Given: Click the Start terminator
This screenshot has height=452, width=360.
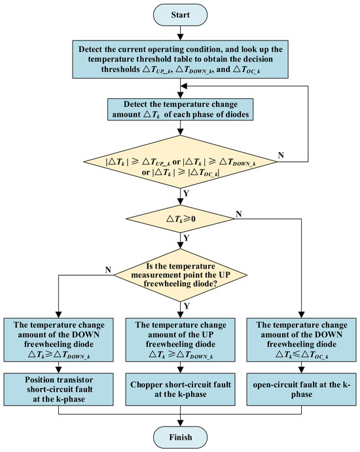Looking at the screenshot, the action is [180, 14].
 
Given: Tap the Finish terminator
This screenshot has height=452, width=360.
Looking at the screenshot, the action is [180, 438].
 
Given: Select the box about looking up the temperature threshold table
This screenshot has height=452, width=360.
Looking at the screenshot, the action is [180, 60].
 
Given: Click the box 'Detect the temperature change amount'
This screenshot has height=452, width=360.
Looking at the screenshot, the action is [180, 109].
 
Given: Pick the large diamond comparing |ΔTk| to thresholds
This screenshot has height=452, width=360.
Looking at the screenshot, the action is [180, 162].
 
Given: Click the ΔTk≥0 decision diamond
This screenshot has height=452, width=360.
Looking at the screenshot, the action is [180, 219].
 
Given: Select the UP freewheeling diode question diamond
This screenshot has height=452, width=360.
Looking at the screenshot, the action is [180, 275].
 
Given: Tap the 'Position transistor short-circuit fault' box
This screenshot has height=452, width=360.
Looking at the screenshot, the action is [58, 390].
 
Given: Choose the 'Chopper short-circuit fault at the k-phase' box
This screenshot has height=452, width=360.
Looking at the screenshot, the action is [180, 390].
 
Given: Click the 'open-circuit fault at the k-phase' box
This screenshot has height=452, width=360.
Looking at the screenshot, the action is [302, 390].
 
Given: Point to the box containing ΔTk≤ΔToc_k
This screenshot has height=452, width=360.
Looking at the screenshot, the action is [302, 340].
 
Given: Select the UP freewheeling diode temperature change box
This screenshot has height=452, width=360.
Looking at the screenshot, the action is [180, 340].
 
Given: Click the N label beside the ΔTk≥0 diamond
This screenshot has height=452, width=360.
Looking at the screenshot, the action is [238, 214].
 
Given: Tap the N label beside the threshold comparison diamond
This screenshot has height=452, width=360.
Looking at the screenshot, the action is [281, 155].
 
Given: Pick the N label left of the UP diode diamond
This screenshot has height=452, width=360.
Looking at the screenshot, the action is [108, 270].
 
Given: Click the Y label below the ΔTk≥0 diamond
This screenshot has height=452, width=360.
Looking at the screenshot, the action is [187, 238].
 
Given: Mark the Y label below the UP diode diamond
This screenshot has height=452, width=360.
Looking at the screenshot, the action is [187, 305].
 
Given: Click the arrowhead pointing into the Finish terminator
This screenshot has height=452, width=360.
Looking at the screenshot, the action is [180, 423].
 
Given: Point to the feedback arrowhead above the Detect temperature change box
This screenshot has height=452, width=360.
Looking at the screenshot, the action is [184, 86].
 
